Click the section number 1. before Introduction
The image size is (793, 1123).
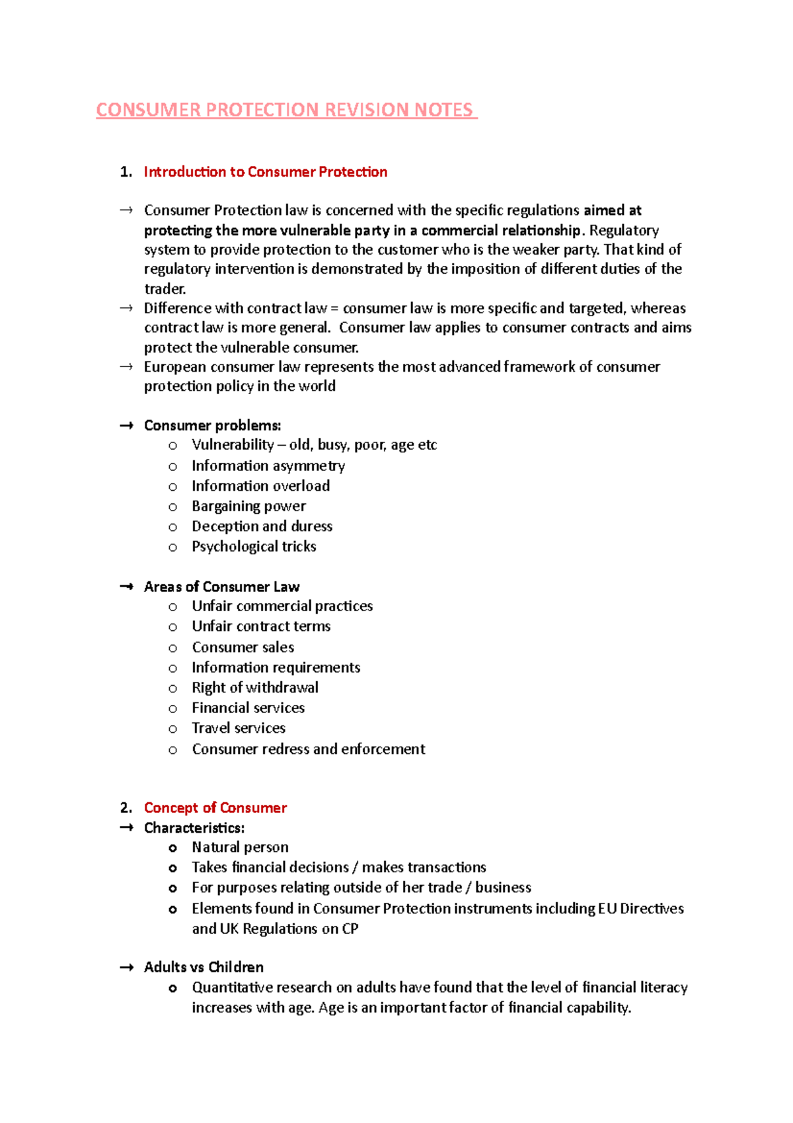click(x=126, y=172)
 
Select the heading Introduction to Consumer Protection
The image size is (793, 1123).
click(x=266, y=172)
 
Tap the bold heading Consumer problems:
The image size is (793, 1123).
click(x=212, y=425)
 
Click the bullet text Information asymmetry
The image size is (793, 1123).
click(x=268, y=466)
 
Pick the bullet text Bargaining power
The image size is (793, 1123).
click(x=248, y=506)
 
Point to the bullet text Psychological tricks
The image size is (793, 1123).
click(x=254, y=546)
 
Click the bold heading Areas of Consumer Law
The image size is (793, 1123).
click(x=221, y=587)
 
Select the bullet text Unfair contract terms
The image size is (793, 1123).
click(x=261, y=626)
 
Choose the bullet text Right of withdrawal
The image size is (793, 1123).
click(x=255, y=688)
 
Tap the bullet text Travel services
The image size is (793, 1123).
click(x=239, y=728)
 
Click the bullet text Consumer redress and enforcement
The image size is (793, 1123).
click(x=309, y=749)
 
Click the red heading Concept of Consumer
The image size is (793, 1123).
click(x=215, y=808)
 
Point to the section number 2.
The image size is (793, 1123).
click(x=126, y=808)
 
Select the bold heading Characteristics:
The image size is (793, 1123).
click(x=194, y=828)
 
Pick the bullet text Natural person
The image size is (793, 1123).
click(x=240, y=847)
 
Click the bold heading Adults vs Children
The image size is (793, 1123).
click(x=204, y=967)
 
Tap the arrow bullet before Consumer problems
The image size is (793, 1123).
click(x=126, y=426)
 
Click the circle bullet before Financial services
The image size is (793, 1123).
click(x=172, y=709)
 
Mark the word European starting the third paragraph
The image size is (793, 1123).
click(x=174, y=367)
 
